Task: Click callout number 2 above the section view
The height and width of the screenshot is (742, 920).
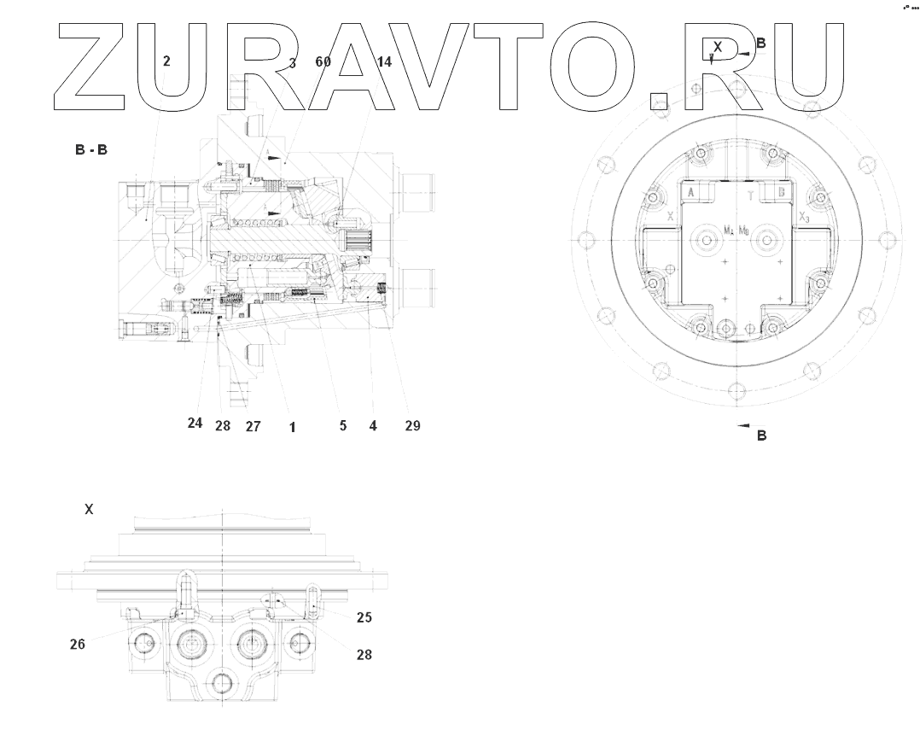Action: [x=166, y=61]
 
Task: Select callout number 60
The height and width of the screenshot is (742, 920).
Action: [x=323, y=62]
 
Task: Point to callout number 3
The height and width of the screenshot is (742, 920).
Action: [x=292, y=62]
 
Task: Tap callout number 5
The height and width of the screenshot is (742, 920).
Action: [x=342, y=425]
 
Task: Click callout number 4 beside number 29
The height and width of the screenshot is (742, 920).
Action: [x=373, y=425]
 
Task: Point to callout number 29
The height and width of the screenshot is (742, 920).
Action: [x=412, y=425]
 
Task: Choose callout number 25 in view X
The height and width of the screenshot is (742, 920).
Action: [x=364, y=616]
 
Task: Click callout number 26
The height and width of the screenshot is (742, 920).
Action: [x=78, y=645]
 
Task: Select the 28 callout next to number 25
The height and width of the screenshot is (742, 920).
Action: [x=364, y=655]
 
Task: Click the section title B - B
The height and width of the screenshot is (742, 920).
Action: [x=91, y=150]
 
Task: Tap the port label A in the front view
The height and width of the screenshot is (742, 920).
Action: [x=690, y=195]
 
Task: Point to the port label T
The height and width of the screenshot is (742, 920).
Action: [x=748, y=195]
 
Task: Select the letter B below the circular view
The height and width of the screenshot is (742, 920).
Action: [x=762, y=435]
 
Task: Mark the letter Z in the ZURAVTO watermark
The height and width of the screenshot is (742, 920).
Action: [x=94, y=66]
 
